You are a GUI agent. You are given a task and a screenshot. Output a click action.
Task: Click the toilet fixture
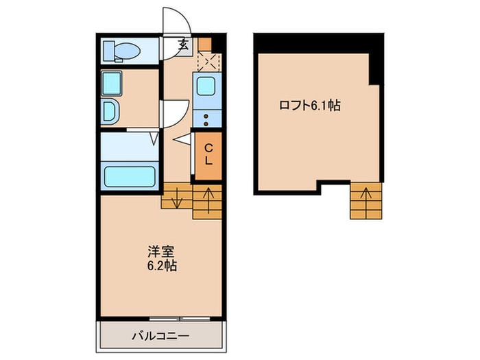(122, 51)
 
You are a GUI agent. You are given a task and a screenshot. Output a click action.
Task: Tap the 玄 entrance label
(183, 45)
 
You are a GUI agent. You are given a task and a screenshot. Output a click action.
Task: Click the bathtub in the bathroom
(130, 177)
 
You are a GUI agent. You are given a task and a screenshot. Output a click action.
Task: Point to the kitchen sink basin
(206, 86)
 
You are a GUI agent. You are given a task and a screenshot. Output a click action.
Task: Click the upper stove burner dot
(206, 117)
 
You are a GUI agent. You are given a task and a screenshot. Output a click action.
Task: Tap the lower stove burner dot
(206, 124)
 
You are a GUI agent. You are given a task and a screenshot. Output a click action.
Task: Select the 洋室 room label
(161, 252)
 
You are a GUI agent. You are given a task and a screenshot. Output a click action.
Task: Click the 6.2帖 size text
(162, 265)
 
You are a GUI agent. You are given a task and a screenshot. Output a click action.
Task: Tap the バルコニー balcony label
(160, 336)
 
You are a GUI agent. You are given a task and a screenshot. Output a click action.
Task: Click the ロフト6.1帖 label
(310, 106)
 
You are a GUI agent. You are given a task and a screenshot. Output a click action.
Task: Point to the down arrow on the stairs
(177, 197)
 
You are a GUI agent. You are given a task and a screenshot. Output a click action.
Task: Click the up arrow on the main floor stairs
(208, 200)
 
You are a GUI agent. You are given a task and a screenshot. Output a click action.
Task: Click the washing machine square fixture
(111, 83)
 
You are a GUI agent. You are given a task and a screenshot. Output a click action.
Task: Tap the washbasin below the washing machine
(110, 112)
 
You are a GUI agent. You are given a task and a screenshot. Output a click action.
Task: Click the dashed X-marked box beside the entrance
(209, 62)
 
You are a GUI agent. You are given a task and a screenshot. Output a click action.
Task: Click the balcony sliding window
(180, 319)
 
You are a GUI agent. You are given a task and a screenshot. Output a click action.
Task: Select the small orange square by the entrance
(204, 44)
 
